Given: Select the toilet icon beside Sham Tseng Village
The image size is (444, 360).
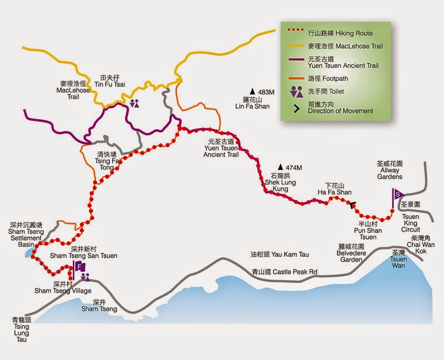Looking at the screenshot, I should [x=85, y=277].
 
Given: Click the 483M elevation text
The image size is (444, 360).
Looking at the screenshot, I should [x=263, y=92].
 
